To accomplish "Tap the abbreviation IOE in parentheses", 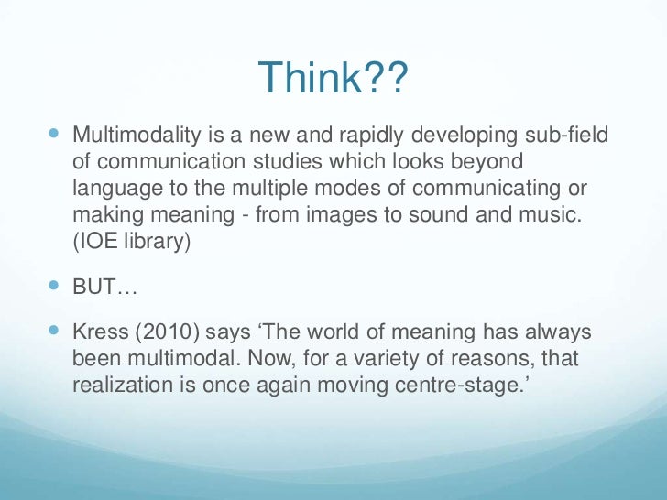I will pos(99,240).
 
